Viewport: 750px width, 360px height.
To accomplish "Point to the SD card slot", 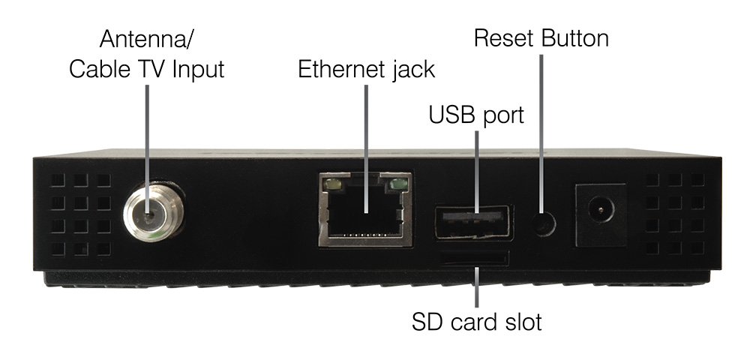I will click(475, 259).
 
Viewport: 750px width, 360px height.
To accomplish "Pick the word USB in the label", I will click(449, 116).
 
